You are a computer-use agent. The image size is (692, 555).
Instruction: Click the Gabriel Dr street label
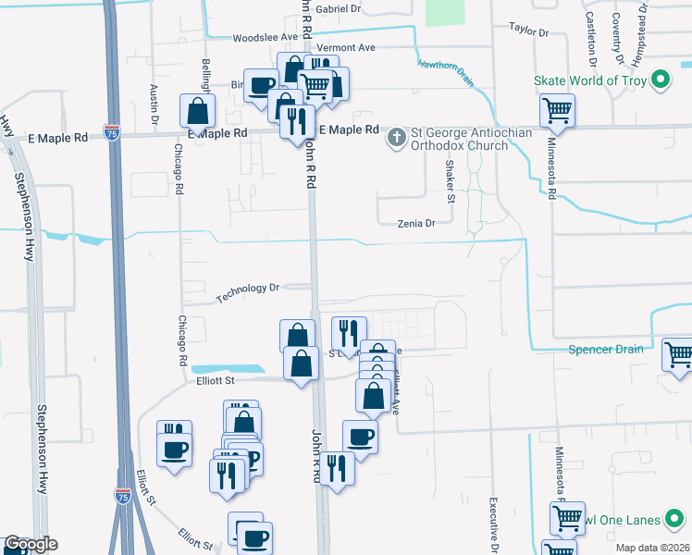338,8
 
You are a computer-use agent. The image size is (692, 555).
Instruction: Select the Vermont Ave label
345,47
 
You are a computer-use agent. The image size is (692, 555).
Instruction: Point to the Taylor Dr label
528,31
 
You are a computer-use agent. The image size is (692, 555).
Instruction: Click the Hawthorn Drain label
446,72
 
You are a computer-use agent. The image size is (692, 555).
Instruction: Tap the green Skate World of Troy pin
660,80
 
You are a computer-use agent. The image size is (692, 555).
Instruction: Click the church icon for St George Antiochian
396,138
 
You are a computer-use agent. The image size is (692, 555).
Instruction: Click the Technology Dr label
248,293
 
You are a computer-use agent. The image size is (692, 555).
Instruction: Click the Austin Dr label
154,105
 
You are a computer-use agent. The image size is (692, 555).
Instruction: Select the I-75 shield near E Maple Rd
112,133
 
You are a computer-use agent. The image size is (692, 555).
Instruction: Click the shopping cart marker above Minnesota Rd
558,111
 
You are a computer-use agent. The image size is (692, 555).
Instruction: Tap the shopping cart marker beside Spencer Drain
679,354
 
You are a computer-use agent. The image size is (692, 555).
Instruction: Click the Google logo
30,544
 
